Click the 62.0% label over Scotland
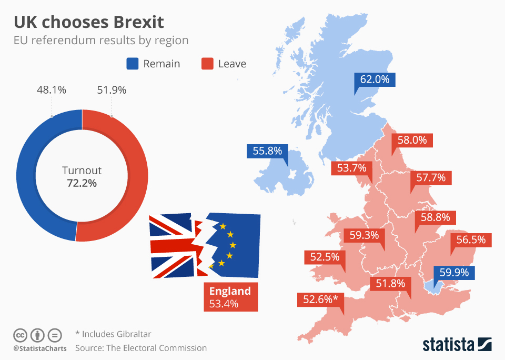pyautogui.click(x=375, y=80)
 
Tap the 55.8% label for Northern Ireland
pyautogui.click(x=267, y=151)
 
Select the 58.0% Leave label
pyautogui.click(x=412, y=141)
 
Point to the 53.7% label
pyautogui.click(x=351, y=168)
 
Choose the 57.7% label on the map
pyautogui.click(x=431, y=178)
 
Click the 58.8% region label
pyautogui.click(x=436, y=217)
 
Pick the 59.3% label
pyautogui.click(x=363, y=235)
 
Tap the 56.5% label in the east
pyautogui.click(x=471, y=240)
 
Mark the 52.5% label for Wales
pyautogui.click(x=325, y=257)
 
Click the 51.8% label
pyautogui.click(x=390, y=284)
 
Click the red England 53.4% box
pyautogui.click(x=230, y=297)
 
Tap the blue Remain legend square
pyautogui.click(x=132, y=64)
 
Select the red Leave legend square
pyautogui.click(x=207, y=64)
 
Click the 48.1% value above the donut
pyautogui.click(x=51, y=90)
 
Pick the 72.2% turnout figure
pyautogui.click(x=82, y=183)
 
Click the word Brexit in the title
pyautogui.click(x=137, y=23)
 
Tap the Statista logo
pyautogui.click(x=457, y=345)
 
